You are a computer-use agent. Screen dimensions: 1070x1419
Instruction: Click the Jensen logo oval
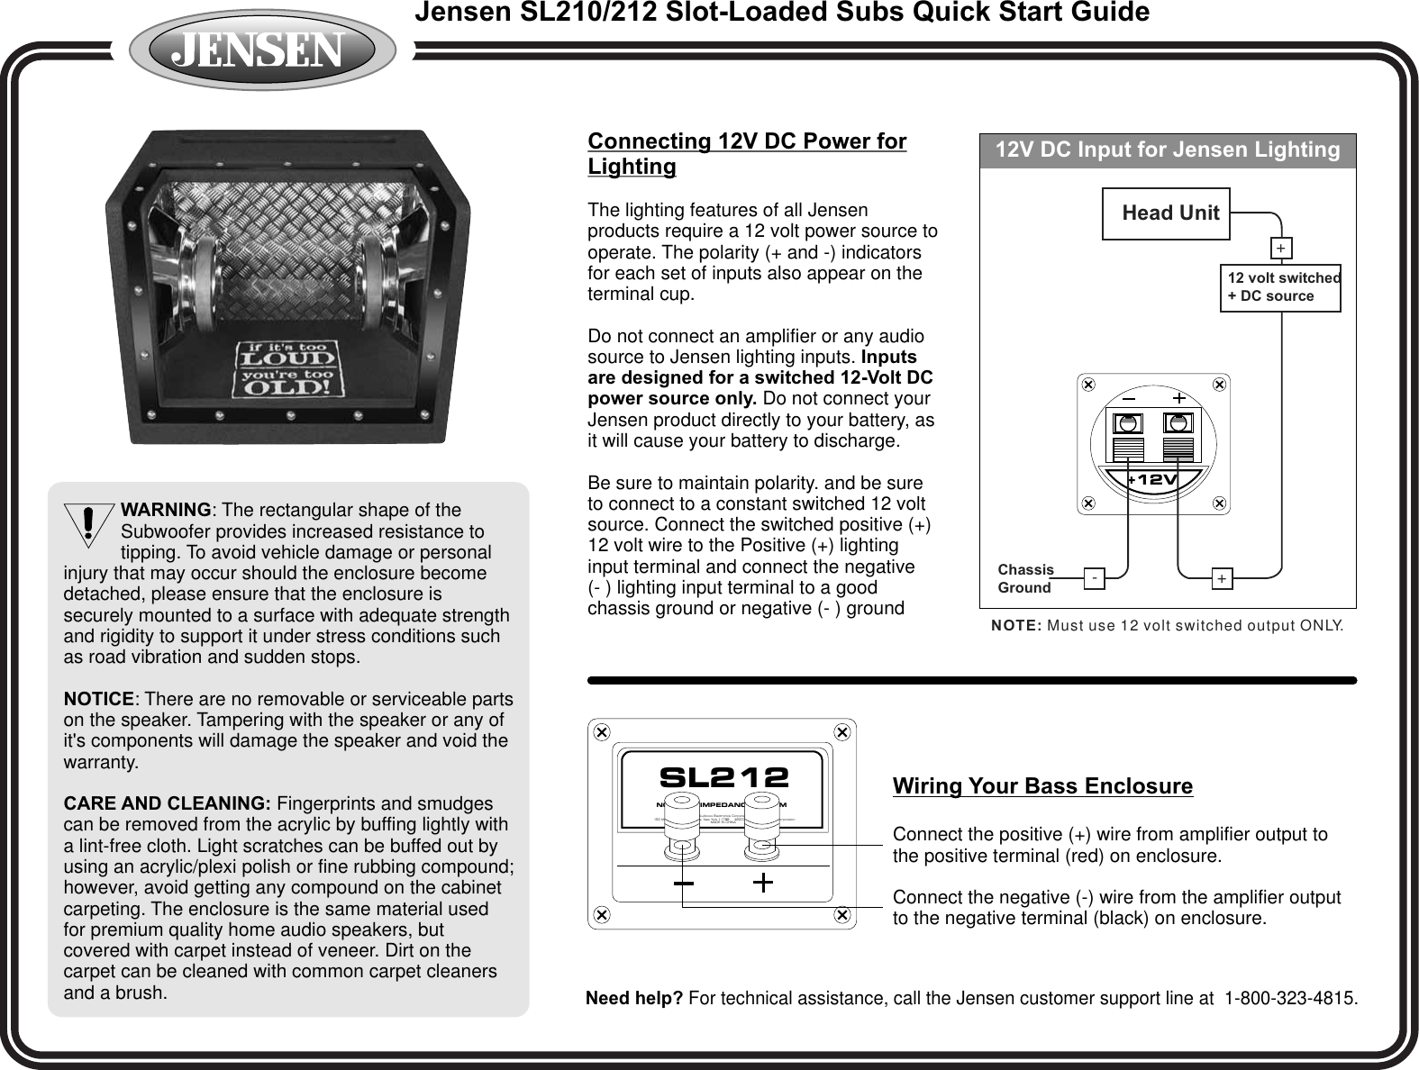[261, 50]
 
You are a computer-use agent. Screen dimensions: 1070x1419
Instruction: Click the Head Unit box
[1166, 213]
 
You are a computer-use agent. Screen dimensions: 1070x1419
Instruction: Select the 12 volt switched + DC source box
[1280, 287]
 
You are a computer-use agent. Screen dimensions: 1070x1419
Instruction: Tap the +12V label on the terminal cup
[1152, 480]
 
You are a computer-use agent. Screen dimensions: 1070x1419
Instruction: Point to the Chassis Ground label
[1025, 578]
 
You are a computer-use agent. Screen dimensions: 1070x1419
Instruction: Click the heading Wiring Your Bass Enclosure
[1042, 786]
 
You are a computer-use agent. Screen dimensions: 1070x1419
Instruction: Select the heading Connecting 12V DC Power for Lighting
[747, 154]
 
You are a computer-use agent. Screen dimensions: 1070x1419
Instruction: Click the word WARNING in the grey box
[171, 511]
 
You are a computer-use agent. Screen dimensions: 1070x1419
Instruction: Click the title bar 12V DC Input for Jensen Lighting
[1167, 150]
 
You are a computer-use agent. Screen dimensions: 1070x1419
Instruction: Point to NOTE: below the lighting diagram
[1016, 625]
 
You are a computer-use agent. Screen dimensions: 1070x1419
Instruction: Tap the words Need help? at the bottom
[633, 999]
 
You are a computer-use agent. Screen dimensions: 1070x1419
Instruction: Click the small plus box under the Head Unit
[1280, 248]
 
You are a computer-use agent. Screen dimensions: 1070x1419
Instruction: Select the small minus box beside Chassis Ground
[1094, 577]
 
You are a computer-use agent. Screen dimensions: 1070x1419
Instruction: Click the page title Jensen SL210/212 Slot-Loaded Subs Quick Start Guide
[781, 13]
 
